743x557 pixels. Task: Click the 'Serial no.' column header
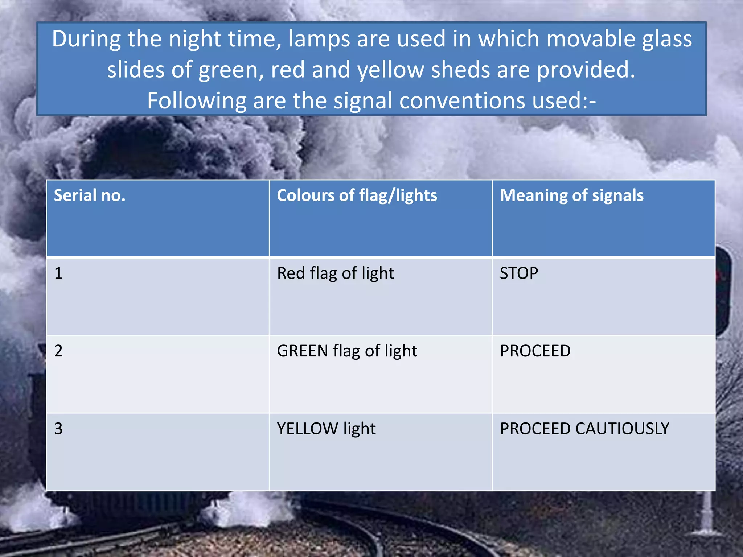90,195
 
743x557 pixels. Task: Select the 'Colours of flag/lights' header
357,196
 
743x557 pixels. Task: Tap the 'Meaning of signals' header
571,195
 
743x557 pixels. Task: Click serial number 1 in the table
58,273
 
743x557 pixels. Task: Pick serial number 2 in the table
58,351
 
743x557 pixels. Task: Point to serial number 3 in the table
58,429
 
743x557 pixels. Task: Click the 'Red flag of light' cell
335,273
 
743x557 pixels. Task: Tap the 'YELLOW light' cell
326,429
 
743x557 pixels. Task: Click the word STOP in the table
519,273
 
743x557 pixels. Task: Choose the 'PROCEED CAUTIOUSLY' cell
584,429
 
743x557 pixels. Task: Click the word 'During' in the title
86,39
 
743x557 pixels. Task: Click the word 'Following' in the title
197,100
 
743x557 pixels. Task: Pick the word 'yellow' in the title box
390,70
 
